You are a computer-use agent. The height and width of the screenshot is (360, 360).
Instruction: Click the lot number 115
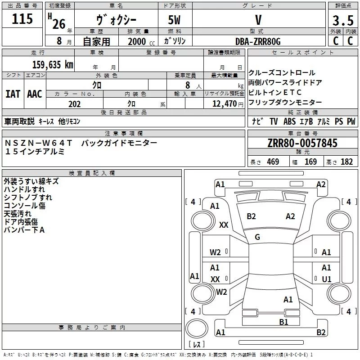coord(22,19)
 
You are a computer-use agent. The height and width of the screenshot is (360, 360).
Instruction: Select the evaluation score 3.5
coord(343,20)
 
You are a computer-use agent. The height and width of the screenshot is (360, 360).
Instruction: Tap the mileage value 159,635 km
coord(53,64)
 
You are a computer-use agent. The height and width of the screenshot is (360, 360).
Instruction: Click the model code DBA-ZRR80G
coord(258,41)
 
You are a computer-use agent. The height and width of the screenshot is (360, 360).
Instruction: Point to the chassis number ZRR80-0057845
coord(302,143)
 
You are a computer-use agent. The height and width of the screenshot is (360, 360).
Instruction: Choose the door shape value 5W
coord(174,20)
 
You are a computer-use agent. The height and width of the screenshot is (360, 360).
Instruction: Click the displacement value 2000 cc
coord(141,41)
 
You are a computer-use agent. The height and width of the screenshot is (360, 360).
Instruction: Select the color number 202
coord(74,104)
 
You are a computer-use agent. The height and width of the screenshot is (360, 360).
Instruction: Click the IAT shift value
coord(13,94)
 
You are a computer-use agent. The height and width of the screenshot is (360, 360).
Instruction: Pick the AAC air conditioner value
coord(35,94)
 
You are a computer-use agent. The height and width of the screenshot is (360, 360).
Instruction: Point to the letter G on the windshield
coord(257,237)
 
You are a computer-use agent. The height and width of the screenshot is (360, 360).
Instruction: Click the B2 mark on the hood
coord(251,216)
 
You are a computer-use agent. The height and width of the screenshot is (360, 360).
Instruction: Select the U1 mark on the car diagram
coord(327,279)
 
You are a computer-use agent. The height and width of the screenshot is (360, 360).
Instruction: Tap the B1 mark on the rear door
coord(283,322)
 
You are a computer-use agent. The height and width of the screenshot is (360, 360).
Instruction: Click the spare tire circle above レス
coord(197,328)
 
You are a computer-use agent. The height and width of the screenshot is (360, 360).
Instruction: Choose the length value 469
coord(273,162)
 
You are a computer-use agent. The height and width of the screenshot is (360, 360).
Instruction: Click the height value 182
coord(346,162)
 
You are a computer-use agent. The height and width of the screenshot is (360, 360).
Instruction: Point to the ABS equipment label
coord(289,121)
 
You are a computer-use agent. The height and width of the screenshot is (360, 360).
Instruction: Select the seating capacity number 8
coord(188,85)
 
